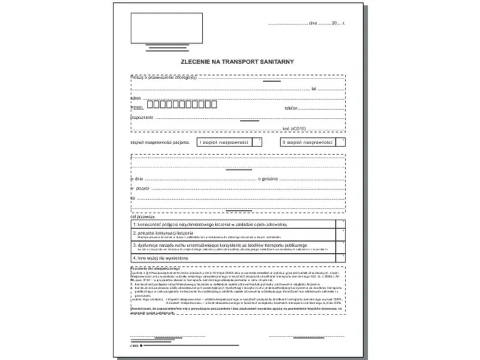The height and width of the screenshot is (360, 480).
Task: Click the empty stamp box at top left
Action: [166, 28]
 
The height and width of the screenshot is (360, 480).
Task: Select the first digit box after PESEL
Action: [150, 104]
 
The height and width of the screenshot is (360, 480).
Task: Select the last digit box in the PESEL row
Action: [214, 104]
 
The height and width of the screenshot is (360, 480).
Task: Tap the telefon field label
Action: [292, 108]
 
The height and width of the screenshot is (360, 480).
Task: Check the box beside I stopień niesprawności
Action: [257, 142]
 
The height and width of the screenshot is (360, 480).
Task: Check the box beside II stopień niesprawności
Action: [341, 142]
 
